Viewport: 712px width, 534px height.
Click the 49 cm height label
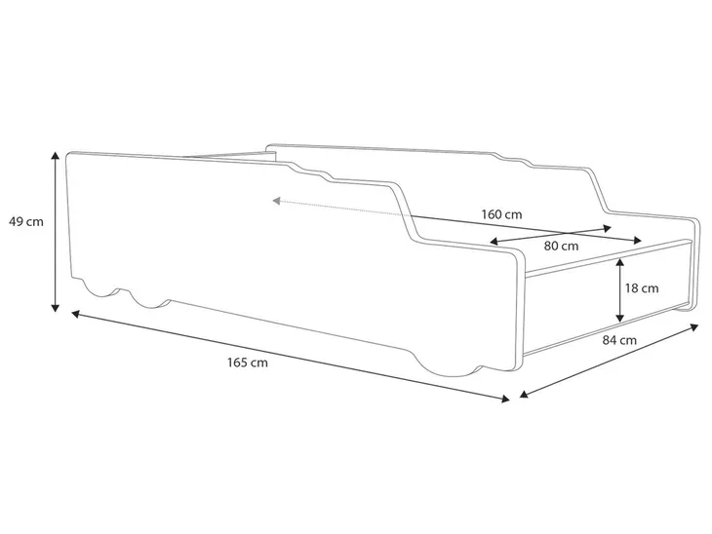[26, 222]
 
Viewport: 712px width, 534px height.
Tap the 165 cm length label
[248, 362]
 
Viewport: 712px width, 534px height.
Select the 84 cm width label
[619, 340]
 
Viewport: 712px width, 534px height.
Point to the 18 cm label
[642, 288]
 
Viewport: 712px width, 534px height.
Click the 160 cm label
[501, 214]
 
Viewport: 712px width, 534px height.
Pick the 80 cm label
[561, 247]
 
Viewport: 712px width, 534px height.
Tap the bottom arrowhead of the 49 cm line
[55, 308]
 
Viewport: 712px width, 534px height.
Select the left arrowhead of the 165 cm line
[76, 313]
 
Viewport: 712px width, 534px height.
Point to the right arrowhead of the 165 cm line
[505, 399]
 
